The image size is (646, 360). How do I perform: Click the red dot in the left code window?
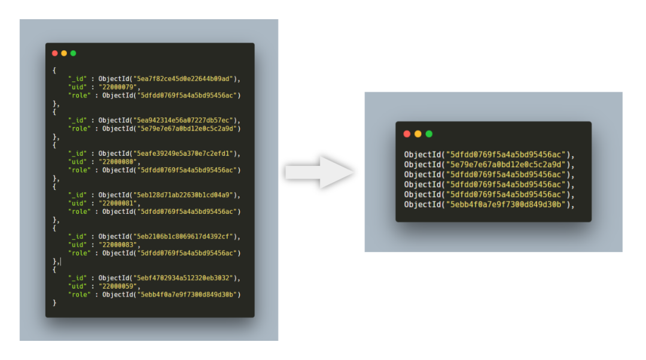(55, 53)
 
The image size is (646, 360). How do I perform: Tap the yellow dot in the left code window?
(64, 53)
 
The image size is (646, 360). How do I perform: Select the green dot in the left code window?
(74, 53)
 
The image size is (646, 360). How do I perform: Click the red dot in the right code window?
(407, 134)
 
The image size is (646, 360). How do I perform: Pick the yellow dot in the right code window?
(418, 134)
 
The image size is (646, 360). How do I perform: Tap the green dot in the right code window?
(429, 134)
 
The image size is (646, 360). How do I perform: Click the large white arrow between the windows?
(319, 173)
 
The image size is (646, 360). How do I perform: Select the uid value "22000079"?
(117, 87)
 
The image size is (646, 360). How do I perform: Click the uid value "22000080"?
(117, 162)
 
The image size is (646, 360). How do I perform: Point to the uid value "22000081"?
(117, 203)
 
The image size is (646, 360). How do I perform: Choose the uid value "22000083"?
(117, 244)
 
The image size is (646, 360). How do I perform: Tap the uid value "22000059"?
(117, 286)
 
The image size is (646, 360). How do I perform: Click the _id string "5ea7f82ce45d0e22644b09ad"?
(183, 78)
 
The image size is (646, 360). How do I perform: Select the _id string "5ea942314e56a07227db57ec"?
(183, 120)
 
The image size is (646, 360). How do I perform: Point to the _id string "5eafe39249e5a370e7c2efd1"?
(183, 153)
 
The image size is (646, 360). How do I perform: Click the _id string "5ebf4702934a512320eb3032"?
(183, 278)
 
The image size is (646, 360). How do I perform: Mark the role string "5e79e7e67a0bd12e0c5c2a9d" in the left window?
(187, 129)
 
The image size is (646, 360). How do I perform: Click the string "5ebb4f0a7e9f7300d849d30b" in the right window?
(506, 204)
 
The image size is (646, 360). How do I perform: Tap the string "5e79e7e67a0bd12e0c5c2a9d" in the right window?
(506, 165)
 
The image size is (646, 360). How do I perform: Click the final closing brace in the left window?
(54, 303)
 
